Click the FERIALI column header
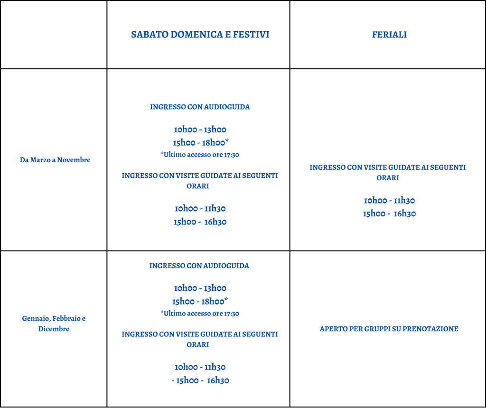[x=389, y=34]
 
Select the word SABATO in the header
[x=150, y=34]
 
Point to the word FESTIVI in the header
[x=251, y=34]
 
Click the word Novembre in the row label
[x=74, y=160]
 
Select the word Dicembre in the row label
[x=54, y=329]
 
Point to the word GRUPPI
[x=377, y=329]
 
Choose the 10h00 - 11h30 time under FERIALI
[x=389, y=200]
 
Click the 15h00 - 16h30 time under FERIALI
[x=389, y=213]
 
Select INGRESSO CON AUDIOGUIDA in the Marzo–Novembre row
[x=200, y=107]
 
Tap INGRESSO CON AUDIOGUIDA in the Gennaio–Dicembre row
[x=199, y=266]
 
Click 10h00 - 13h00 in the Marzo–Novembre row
[x=200, y=130]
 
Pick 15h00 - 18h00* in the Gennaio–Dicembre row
[x=200, y=301]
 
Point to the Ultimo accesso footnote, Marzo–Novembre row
[x=200, y=154]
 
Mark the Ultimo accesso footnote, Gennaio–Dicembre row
[x=200, y=313]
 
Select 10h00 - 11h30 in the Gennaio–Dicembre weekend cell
[x=200, y=367]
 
